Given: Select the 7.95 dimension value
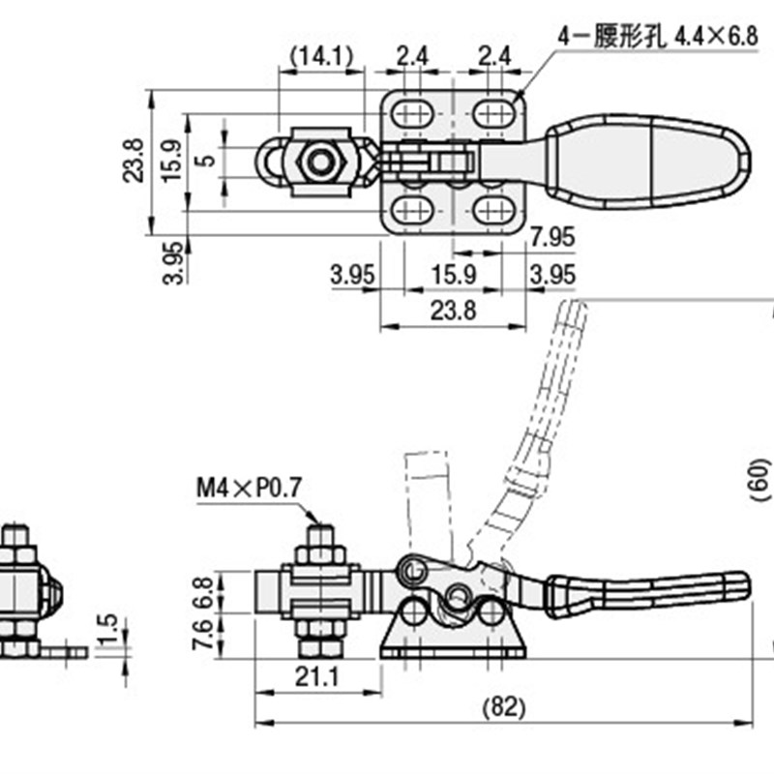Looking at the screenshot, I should pyautogui.click(x=552, y=237).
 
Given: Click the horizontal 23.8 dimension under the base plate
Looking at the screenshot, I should pyautogui.click(x=453, y=311).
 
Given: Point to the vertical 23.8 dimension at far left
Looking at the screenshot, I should pyautogui.click(x=135, y=161).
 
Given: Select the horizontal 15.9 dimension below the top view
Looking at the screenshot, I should pyautogui.click(x=454, y=276).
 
